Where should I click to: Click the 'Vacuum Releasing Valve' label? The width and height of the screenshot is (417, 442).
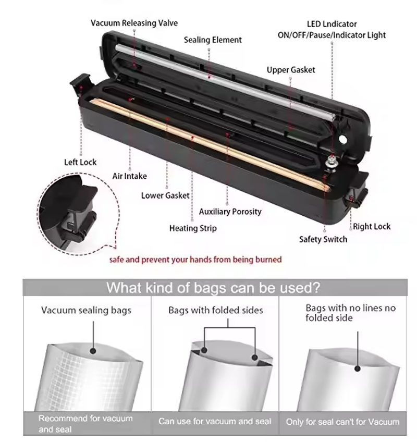point(134,23)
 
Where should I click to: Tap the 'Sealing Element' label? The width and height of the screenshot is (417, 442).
point(213,40)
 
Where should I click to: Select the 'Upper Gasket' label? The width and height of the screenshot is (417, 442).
point(291,70)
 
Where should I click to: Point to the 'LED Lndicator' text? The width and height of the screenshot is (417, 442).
point(332,24)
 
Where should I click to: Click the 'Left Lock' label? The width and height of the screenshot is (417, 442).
point(80,162)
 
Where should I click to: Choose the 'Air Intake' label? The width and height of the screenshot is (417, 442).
point(129,176)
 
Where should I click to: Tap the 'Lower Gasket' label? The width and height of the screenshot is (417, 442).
point(165,195)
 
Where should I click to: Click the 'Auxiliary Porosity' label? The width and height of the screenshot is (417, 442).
point(230,212)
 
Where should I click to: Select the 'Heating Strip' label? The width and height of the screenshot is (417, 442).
point(193,228)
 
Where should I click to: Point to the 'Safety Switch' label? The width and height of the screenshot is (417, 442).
point(323,239)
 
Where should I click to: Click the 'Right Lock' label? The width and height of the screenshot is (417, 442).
point(372,226)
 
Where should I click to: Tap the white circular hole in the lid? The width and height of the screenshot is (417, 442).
point(343,139)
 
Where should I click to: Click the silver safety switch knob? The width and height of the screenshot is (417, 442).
point(330,164)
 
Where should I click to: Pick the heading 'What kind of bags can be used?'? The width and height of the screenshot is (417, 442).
point(213,288)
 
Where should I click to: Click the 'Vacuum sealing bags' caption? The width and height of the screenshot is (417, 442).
point(87,310)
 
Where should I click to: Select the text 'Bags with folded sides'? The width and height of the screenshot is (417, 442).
point(216,310)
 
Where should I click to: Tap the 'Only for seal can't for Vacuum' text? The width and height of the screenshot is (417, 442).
point(342,422)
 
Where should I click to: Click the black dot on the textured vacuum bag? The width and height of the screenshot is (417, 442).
point(93,351)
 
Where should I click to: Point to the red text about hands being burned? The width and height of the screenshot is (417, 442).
point(195,260)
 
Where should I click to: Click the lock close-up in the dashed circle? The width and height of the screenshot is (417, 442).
point(78,214)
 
